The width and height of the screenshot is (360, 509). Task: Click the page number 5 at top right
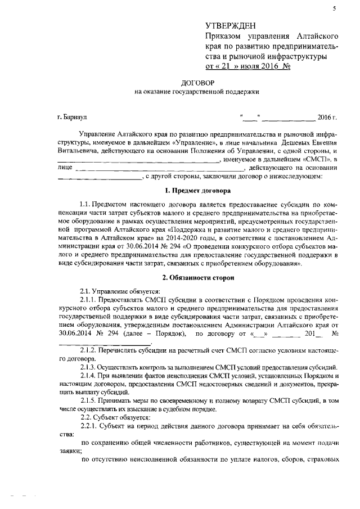(334, 8)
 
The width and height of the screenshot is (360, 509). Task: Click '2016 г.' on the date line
(327, 117)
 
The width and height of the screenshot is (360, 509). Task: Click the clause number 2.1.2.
(90, 350)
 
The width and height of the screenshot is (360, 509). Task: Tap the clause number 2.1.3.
(90, 366)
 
